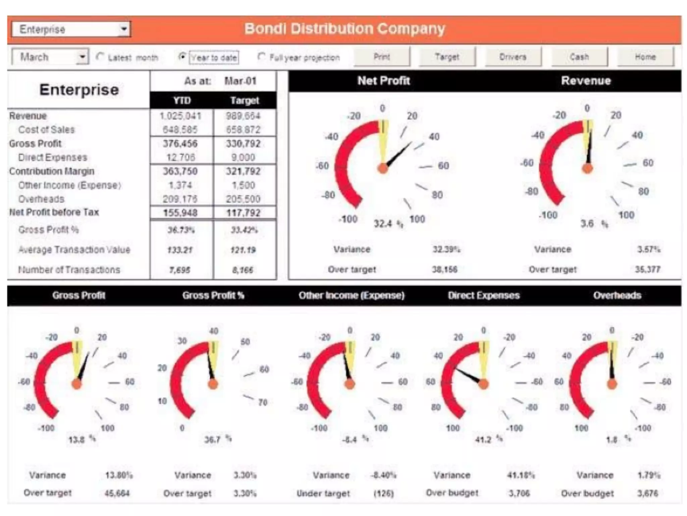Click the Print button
(x=382, y=57)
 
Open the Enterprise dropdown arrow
(x=124, y=29)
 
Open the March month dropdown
(x=82, y=57)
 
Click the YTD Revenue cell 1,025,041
(x=180, y=116)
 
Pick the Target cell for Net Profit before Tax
(x=243, y=213)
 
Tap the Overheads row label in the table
(x=41, y=199)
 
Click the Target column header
(x=245, y=100)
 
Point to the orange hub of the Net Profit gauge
(x=383, y=168)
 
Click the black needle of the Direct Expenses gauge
(x=468, y=376)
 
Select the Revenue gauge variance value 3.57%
(x=648, y=250)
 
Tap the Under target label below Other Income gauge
(x=323, y=493)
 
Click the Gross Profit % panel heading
(x=213, y=295)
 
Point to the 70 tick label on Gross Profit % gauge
(x=263, y=402)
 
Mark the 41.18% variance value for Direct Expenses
(x=520, y=475)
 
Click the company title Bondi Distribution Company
(x=345, y=29)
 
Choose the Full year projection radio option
(x=262, y=56)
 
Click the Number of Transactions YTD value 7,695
(x=180, y=270)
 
